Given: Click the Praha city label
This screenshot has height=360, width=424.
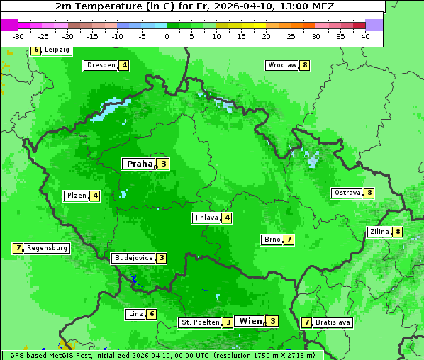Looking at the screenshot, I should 139,164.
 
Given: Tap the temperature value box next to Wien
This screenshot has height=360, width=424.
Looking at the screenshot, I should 272,321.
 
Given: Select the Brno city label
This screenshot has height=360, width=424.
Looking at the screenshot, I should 272,240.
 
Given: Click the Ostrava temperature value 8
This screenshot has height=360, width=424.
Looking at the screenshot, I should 369,193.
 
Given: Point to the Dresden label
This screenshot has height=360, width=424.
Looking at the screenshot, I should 101,65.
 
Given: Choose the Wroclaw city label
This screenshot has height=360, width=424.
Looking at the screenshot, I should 281,65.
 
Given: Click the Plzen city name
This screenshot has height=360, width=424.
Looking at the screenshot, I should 76,196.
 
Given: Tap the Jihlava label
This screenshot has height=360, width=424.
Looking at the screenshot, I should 206,218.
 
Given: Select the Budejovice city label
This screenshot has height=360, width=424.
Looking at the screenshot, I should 133,258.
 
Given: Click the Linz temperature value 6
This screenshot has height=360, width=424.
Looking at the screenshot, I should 152,314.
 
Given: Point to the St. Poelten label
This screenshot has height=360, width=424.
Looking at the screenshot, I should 199,322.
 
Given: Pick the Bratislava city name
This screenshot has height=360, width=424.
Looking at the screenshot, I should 333,322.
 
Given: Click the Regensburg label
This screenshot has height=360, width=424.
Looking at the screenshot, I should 48,248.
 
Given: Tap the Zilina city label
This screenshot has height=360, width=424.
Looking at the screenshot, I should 379,232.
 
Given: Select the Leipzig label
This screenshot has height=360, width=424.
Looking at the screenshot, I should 57,50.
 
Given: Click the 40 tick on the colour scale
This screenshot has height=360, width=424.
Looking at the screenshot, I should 364,36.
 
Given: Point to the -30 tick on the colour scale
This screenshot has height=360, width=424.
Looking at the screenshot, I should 18,36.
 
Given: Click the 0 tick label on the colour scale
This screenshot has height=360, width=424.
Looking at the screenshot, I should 167,36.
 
